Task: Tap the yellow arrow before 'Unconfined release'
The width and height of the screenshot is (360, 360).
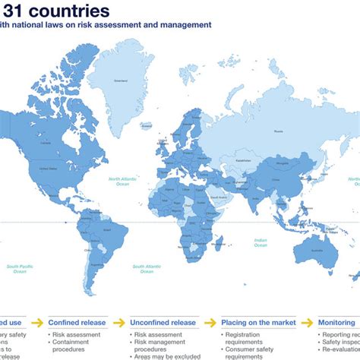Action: [119, 322]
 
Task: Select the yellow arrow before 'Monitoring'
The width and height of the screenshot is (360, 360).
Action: [308, 322]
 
